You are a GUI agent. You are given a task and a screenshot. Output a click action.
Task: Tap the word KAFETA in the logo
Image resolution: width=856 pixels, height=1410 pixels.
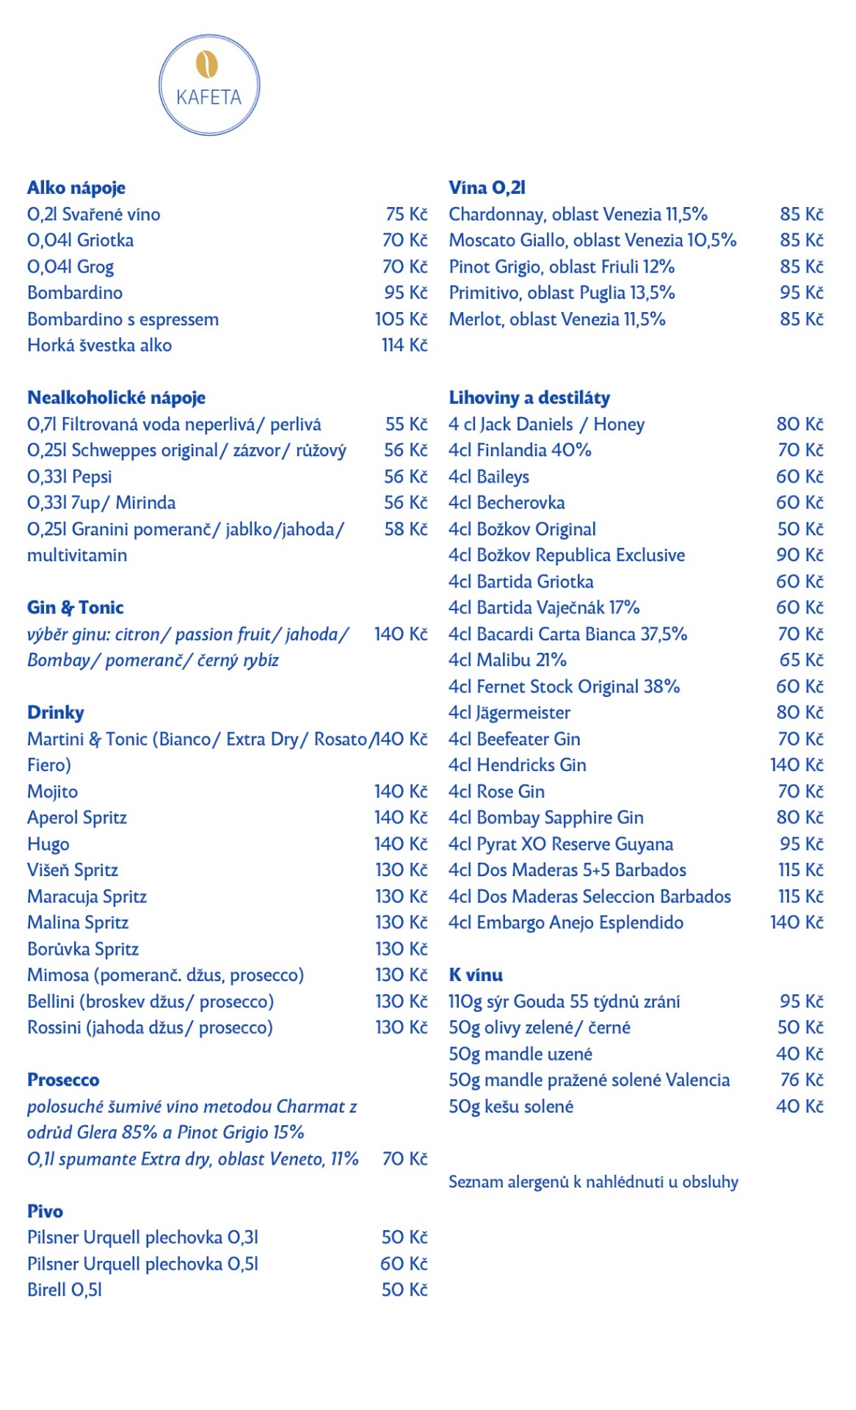(x=209, y=98)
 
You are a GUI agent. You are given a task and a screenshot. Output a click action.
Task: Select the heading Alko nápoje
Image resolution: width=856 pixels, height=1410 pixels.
(x=76, y=188)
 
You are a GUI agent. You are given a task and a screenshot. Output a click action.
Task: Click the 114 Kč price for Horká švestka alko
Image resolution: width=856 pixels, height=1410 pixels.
(x=404, y=345)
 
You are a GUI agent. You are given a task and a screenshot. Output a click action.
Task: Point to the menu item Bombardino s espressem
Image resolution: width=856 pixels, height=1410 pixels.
(x=123, y=319)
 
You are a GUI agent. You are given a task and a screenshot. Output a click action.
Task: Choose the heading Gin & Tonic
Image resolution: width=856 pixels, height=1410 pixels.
(x=76, y=608)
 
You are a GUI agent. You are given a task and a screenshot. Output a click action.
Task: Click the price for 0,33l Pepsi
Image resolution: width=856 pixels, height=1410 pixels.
(x=405, y=477)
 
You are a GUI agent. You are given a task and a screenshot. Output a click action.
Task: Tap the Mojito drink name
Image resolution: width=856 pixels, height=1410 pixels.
(x=52, y=792)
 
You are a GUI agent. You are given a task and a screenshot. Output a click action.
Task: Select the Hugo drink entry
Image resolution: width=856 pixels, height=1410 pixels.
(x=48, y=845)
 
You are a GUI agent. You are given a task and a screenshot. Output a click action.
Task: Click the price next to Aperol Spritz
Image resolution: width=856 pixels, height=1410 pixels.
(x=401, y=817)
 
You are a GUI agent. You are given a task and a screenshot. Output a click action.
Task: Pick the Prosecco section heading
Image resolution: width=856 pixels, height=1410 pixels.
(x=63, y=1080)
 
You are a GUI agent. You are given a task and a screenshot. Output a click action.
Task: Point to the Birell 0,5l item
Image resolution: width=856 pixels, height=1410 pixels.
(x=65, y=1290)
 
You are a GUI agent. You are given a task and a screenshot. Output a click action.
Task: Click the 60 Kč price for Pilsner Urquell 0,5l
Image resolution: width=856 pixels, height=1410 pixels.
(x=404, y=1264)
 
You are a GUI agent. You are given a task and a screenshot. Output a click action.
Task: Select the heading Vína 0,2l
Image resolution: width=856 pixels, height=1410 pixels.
(x=487, y=188)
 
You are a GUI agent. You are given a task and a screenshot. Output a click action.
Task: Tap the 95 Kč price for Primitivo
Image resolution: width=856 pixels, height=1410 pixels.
(x=802, y=293)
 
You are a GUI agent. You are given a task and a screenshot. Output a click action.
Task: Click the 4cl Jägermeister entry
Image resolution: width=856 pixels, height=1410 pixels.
(x=509, y=713)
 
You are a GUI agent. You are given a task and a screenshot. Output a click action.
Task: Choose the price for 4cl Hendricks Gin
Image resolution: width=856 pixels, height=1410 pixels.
(x=797, y=765)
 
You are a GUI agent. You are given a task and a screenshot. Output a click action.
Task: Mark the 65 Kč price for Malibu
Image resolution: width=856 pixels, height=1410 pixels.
(x=802, y=660)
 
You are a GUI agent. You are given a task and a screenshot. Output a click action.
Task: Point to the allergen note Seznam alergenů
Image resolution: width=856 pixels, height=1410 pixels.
(x=593, y=1182)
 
